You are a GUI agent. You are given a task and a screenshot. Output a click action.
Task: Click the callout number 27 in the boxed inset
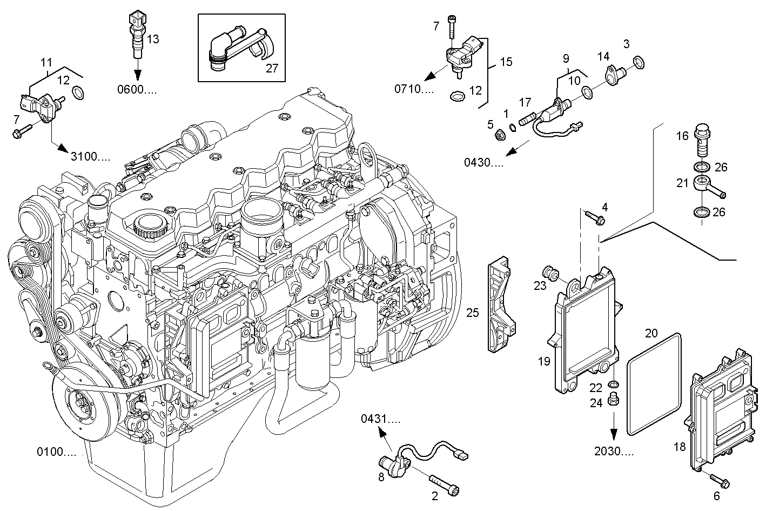tap(271, 68)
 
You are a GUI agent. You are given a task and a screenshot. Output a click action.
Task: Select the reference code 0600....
tap(137, 90)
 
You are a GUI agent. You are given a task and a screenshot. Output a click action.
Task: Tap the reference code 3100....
tap(90, 157)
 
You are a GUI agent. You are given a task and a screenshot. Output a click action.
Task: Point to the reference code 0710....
tap(414, 89)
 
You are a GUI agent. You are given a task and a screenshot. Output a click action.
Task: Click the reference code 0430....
tap(483, 162)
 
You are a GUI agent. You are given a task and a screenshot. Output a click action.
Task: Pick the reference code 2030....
tap(614, 452)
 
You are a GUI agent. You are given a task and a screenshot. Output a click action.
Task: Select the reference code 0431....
tap(381, 419)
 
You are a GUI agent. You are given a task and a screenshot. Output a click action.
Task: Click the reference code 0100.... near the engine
tap(56, 452)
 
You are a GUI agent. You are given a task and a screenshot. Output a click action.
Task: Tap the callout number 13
tap(153, 38)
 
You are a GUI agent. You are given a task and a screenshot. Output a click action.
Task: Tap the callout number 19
tap(544, 361)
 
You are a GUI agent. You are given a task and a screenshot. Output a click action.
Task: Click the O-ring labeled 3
tap(638, 63)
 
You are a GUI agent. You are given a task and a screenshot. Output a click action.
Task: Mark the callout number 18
tap(680, 446)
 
